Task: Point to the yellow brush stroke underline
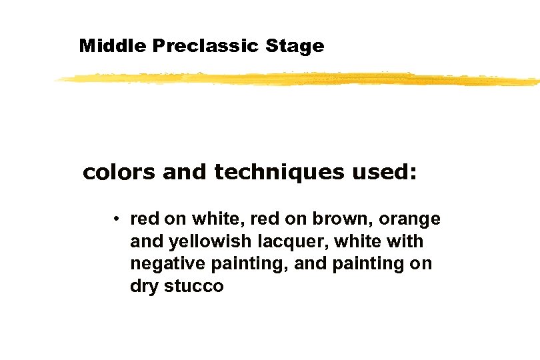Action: (x=297, y=79)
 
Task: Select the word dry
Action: (x=142, y=287)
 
